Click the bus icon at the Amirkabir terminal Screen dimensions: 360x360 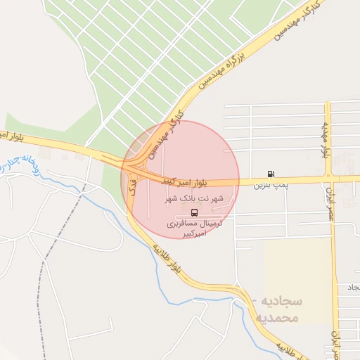tap(194, 212)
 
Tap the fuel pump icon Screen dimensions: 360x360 tap(271, 174)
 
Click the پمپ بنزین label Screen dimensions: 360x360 tap(271, 185)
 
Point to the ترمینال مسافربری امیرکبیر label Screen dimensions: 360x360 tap(195, 228)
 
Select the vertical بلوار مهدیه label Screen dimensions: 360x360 tap(326, 140)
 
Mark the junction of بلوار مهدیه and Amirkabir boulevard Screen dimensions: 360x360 tap(328, 179)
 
